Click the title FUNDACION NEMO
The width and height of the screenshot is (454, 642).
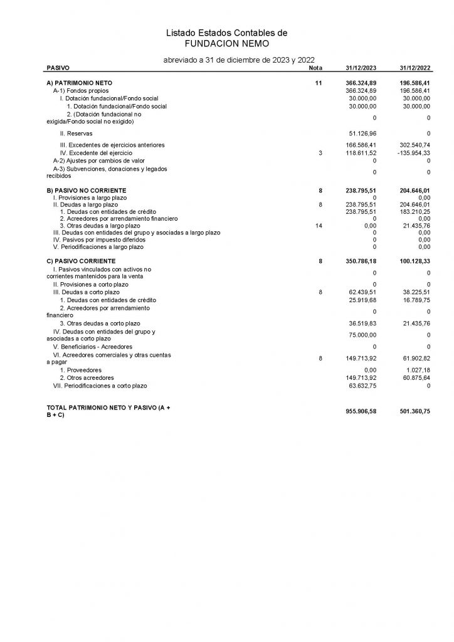tap(226, 43)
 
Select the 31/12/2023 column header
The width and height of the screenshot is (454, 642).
tap(361, 68)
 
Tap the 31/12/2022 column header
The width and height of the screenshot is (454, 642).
tap(414, 68)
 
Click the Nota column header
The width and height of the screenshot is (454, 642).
tap(316, 68)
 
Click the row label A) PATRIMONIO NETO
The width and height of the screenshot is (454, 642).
tap(80, 83)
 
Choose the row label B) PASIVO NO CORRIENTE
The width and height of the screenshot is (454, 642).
tap(87, 190)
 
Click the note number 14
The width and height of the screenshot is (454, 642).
tap(319, 225)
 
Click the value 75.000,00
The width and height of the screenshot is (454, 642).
tap(361, 335)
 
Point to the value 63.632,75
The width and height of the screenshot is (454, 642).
tap(361, 386)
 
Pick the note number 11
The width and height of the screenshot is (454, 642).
tap(319, 83)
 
